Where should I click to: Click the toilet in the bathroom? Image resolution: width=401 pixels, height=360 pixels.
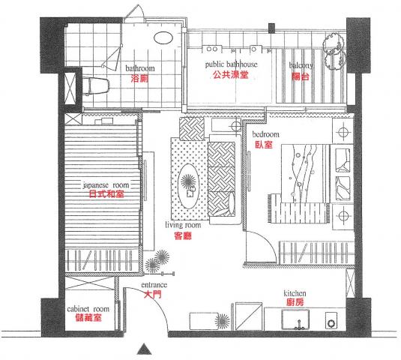coord(96,86)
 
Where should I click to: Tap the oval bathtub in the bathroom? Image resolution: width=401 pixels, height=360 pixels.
coord(163,37)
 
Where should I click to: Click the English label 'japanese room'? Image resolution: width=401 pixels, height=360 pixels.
coord(106,185)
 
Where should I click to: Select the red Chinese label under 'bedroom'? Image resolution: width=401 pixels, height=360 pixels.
coord(264,145)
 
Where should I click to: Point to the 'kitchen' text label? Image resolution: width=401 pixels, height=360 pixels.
coord(295,293)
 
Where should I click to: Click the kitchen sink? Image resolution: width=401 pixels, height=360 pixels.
coord(295,319)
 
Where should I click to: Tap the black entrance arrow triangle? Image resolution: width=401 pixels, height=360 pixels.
coord(145,349)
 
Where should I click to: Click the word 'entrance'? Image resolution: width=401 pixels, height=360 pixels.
coord(154,285)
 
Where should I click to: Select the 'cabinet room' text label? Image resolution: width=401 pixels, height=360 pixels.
coord(88,309)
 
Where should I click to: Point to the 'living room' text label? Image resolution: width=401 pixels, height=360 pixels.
coord(183,225)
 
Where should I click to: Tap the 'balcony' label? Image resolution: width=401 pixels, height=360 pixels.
coord(301,65)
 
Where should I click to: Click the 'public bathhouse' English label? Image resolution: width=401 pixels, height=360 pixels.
coord(231,64)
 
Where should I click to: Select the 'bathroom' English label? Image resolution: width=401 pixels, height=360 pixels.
coord(140,68)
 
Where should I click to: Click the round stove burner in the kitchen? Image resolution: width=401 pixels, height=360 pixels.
coord(331,323)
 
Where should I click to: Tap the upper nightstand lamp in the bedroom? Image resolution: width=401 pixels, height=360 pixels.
coord(343,132)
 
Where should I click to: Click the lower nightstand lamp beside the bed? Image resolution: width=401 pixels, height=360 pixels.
coord(343,216)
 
